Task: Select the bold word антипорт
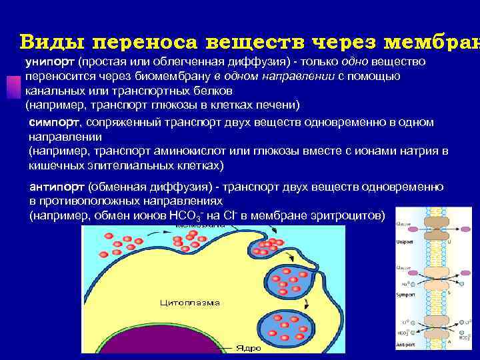point(57,187)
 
